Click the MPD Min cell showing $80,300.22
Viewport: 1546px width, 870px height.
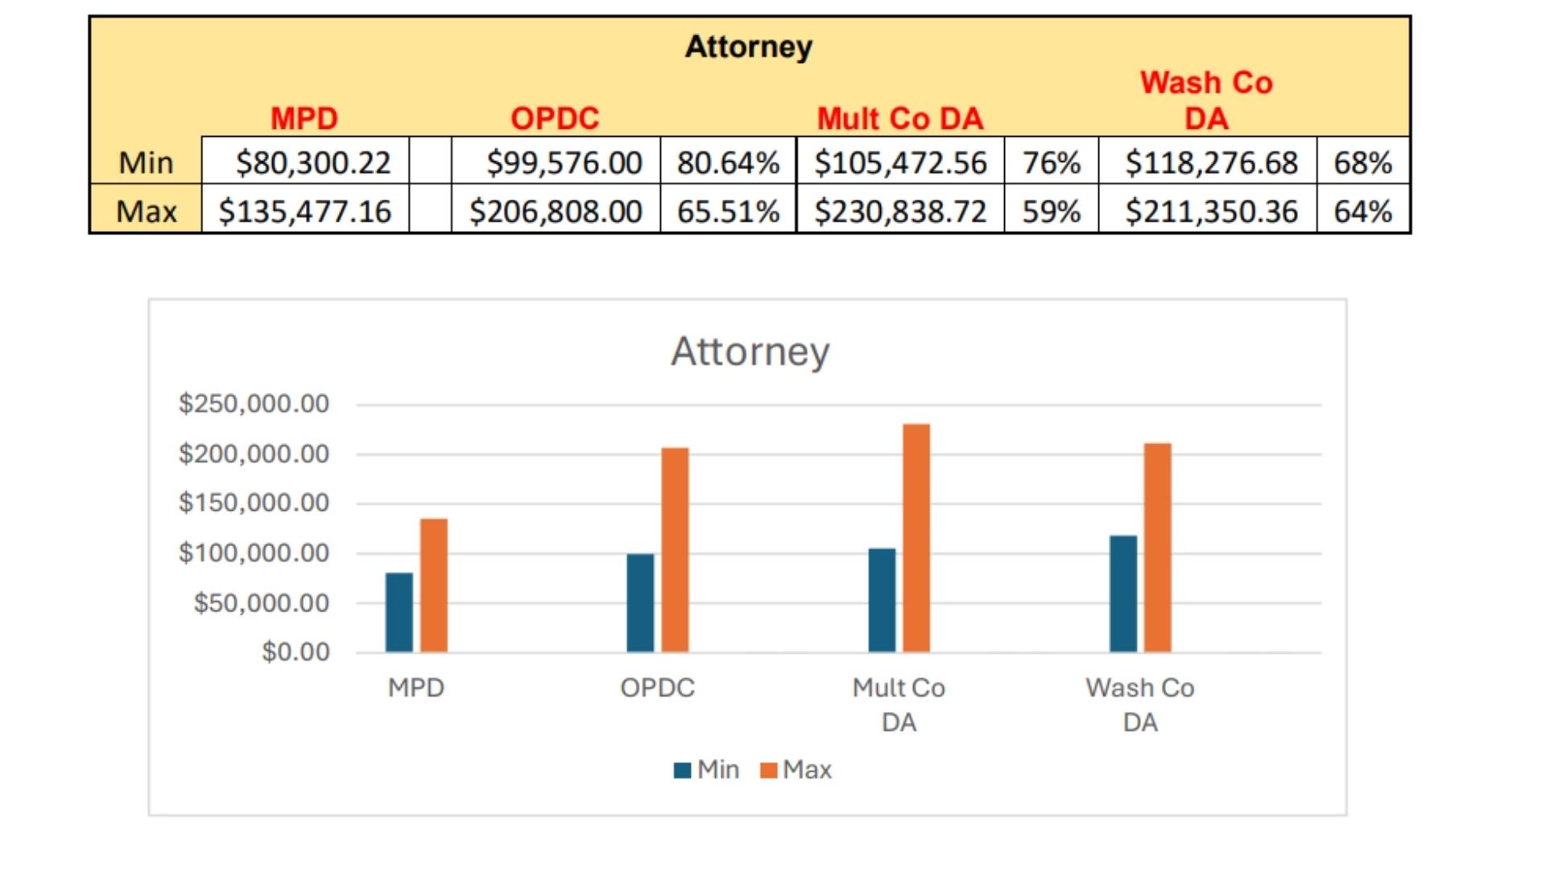click(x=312, y=163)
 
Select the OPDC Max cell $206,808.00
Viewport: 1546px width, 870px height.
click(x=556, y=211)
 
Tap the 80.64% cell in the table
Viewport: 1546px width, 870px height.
click(x=728, y=163)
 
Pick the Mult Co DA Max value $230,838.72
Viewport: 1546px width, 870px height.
click(x=900, y=211)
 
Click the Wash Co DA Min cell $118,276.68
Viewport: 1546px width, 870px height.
click(x=1211, y=163)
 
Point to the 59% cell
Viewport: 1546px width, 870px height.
click(x=1051, y=211)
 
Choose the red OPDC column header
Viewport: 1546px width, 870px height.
click(x=555, y=118)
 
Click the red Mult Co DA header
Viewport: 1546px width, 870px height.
click(x=900, y=118)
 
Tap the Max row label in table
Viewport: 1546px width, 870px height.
click(x=146, y=211)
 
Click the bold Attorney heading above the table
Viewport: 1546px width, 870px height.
click(x=748, y=46)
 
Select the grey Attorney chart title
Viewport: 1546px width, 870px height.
click(x=750, y=351)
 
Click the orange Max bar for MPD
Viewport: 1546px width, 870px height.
click(x=434, y=585)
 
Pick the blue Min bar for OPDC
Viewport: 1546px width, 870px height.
click(x=640, y=603)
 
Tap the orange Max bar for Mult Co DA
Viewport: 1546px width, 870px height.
click(x=916, y=537)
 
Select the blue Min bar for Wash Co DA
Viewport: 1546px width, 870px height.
click(x=1123, y=594)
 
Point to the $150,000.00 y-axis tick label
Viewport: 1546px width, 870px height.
click(x=254, y=503)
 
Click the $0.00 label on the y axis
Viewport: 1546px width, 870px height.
click(x=296, y=652)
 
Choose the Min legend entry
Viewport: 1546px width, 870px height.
click(x=707, y=770)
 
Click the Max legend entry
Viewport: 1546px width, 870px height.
click(x=796, y=770)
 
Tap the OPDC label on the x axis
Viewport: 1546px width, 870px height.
click(x=657, y=688)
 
